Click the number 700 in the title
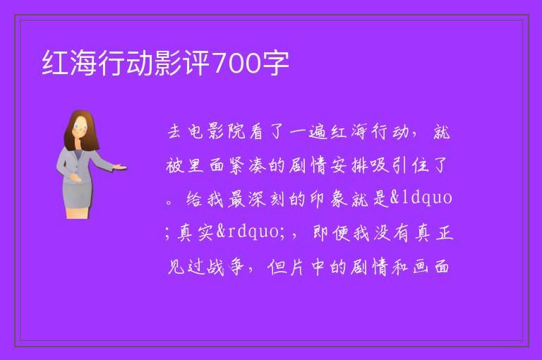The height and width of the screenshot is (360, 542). pos(237,64)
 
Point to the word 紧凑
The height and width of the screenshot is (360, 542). pos(247,165)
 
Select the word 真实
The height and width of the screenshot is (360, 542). pos(195,232)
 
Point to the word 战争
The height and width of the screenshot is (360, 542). pos(226,267)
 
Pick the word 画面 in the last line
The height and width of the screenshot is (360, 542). pos(431,267)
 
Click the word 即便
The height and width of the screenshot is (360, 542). pos(331,232)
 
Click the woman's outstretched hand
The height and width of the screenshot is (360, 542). pos(119,167)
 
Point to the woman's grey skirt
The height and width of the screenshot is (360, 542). pos(78,195)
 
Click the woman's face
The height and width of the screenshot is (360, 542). pos(81,127)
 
